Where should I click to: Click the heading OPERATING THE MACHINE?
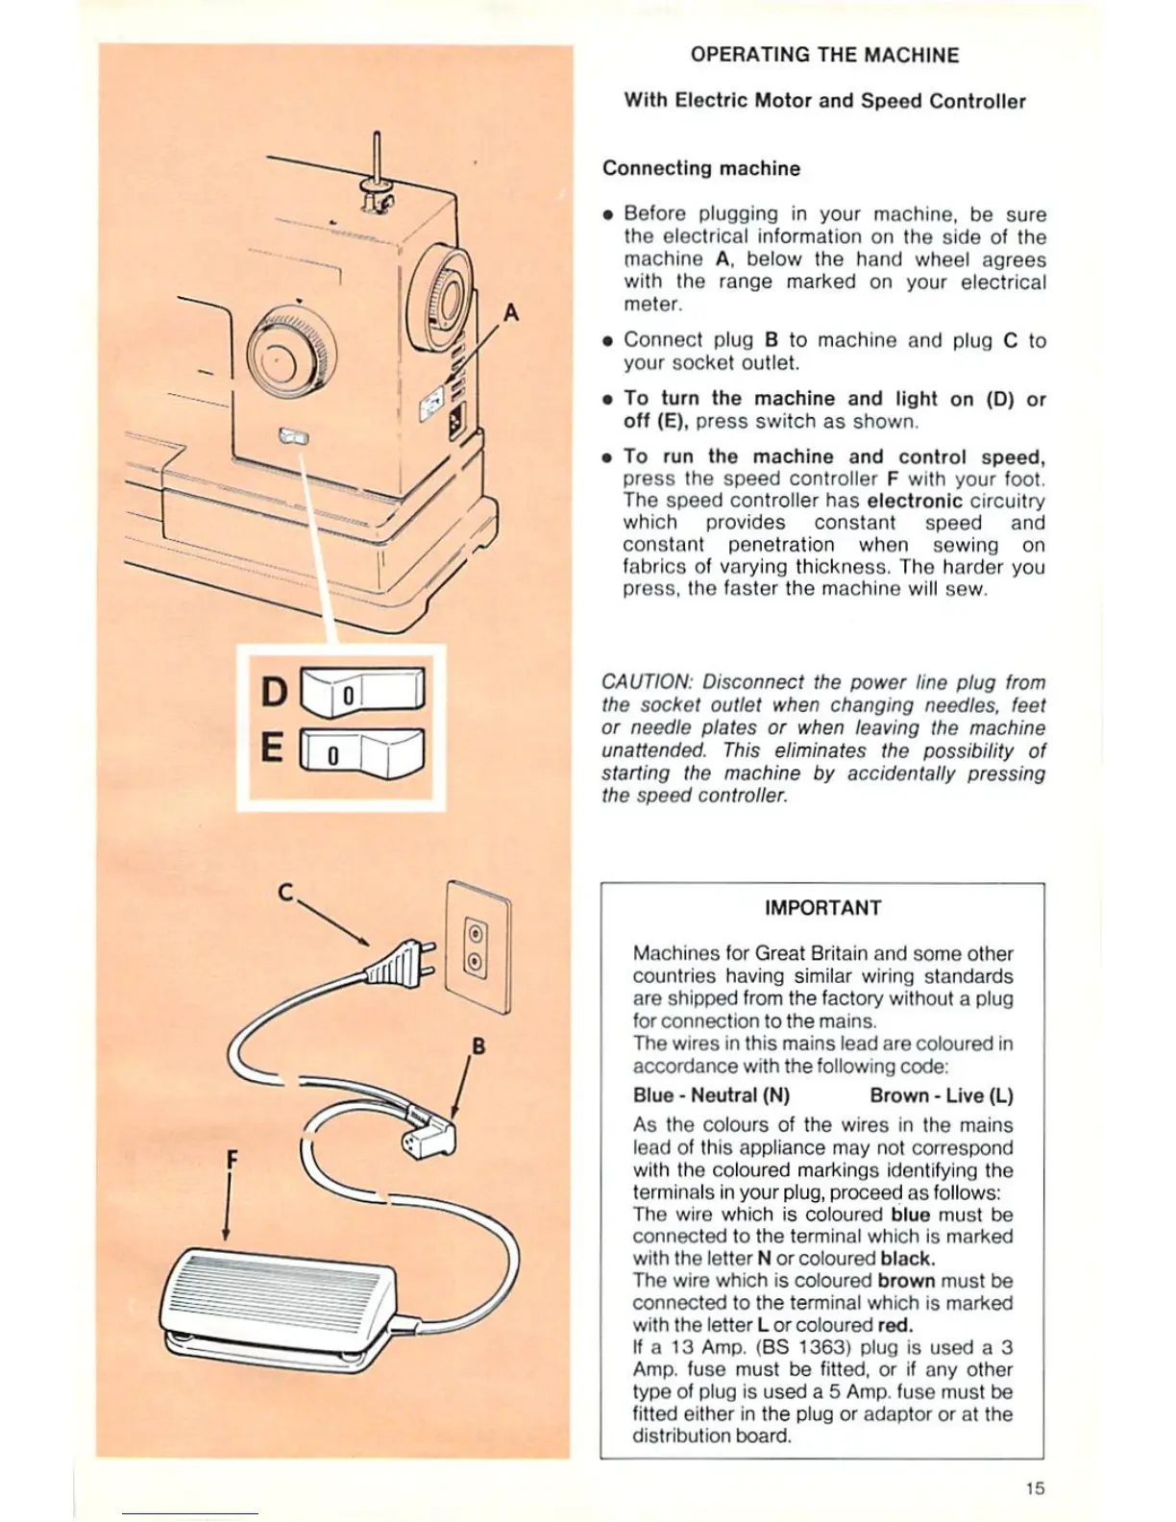point(824,55)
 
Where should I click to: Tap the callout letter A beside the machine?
point(511,312)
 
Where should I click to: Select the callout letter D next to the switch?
point(274,691)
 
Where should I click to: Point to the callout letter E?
point(273,748)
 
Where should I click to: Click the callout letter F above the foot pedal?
point(231,1159)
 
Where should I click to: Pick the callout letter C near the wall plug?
point(285,893)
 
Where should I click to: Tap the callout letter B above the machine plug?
point(478,1045)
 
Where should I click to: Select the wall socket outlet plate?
point(478,946)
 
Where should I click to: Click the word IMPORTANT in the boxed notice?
point(822,908)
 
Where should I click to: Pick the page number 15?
point(1035,1488)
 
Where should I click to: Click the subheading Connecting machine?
point(701,168)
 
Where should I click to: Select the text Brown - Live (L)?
point(942,1095)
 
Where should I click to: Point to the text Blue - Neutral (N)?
point(711,1095)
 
